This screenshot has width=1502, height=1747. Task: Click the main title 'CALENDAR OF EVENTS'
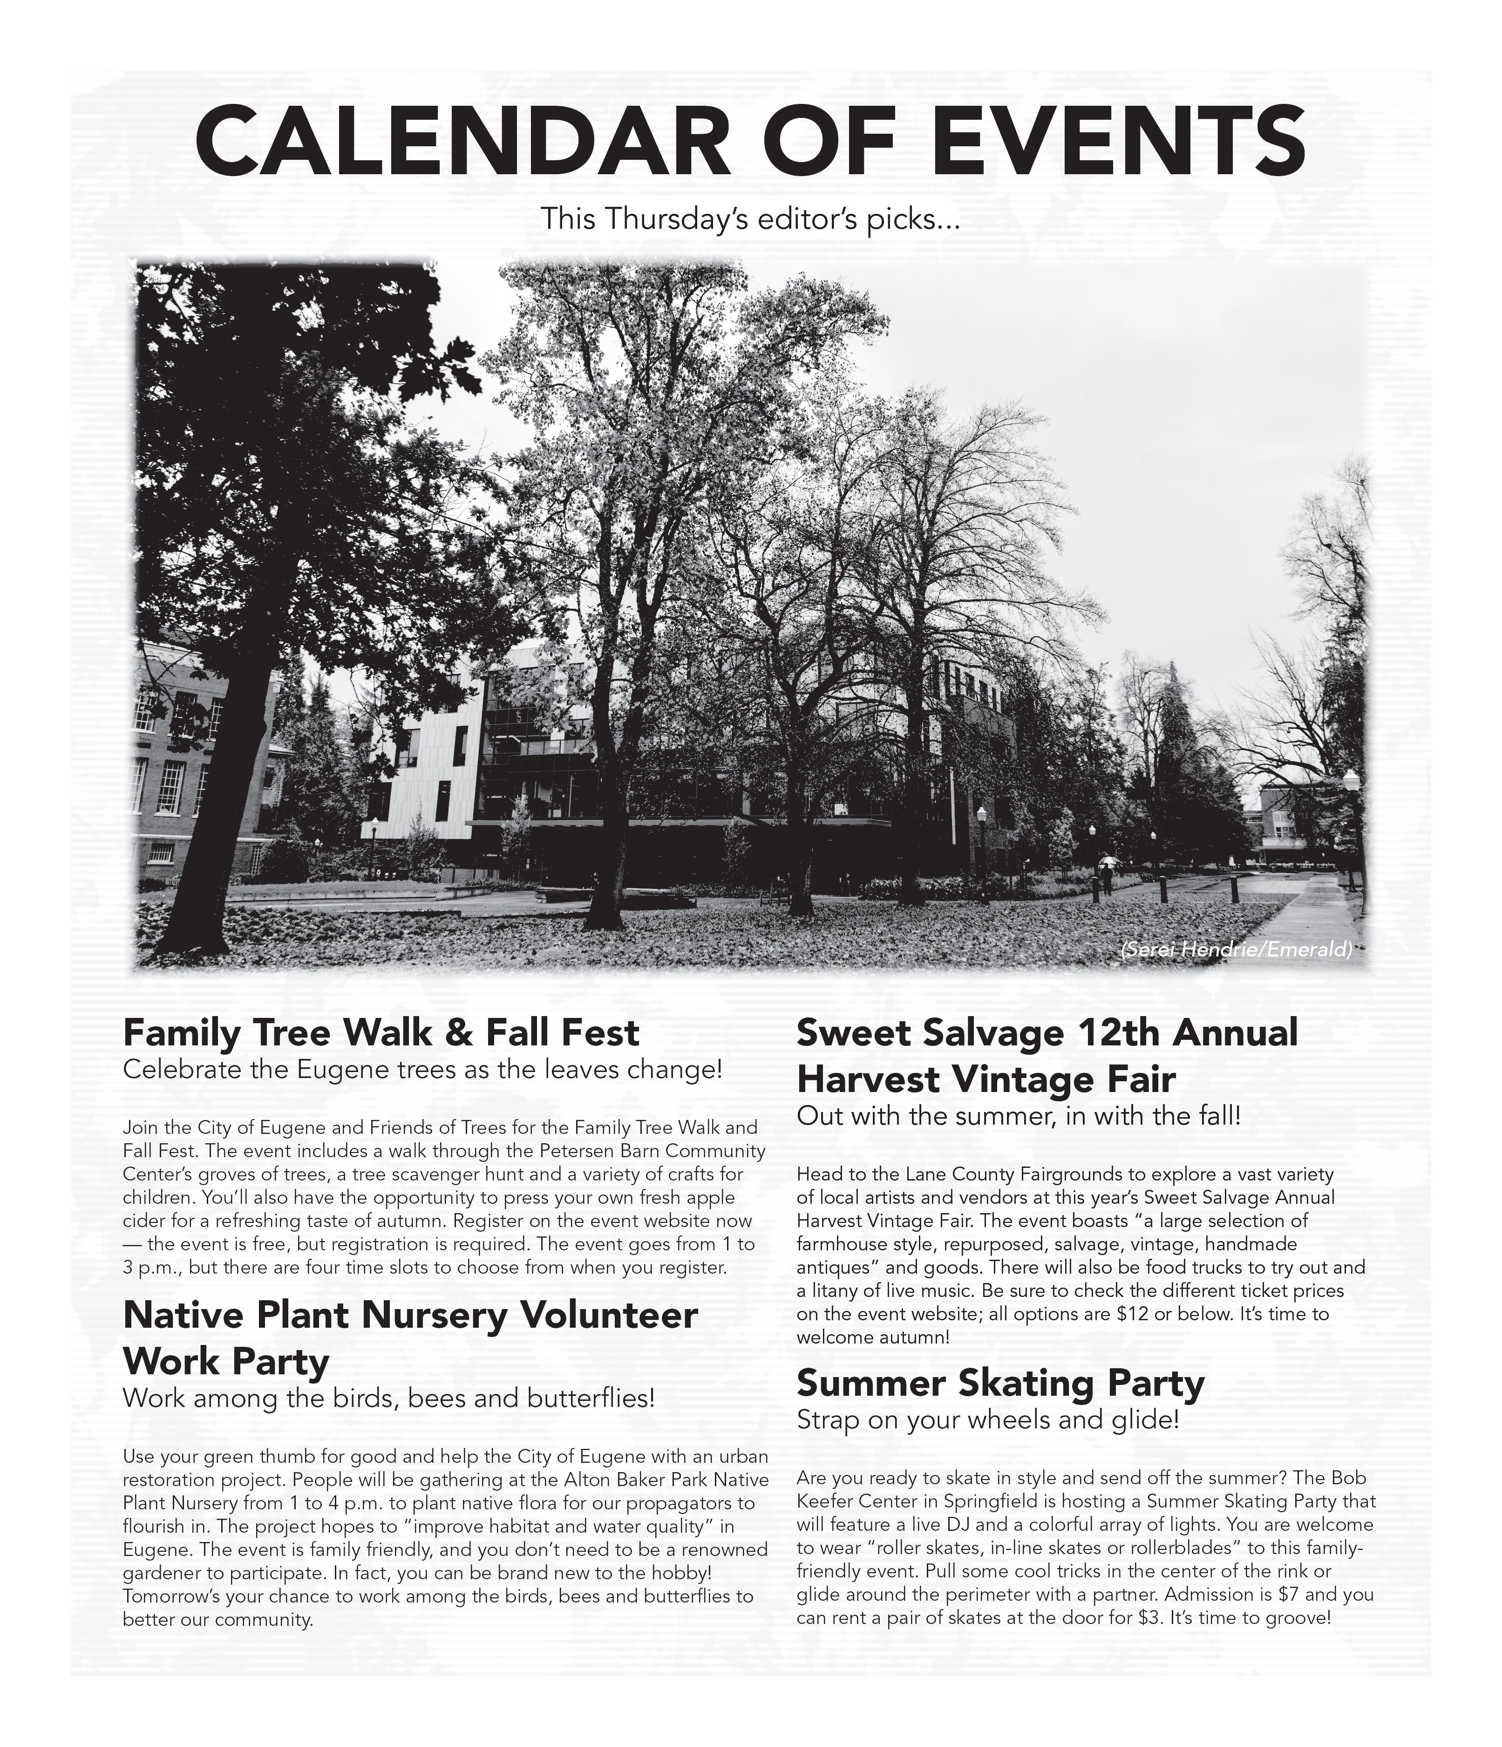point(750,140)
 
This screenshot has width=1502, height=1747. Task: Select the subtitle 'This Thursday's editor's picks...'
point(750,219)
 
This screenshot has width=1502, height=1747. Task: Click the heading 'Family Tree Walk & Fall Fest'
point(381,1033)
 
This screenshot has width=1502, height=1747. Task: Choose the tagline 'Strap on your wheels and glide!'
point(988,1420)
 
